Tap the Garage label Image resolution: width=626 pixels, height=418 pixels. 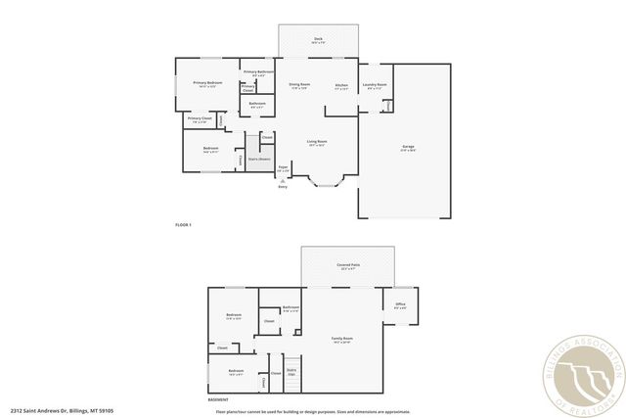coord(408,148)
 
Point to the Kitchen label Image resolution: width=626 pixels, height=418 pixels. coord(341,85)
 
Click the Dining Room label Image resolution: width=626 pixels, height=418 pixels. coord(299,85)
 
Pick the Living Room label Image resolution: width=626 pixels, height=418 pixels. coord(316,142)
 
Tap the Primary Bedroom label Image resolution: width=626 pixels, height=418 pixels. coord(206,83)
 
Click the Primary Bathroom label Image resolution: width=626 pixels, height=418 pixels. coord(257,72)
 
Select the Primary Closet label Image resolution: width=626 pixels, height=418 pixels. coord(200,119)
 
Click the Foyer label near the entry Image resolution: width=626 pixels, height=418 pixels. coord(283,167)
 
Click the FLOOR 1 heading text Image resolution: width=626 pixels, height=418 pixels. coord(183,225)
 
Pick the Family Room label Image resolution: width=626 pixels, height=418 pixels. coord(342,339)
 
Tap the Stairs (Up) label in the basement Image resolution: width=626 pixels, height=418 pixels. coord(291,371)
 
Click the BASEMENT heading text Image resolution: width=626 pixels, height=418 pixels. coord(219,399)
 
